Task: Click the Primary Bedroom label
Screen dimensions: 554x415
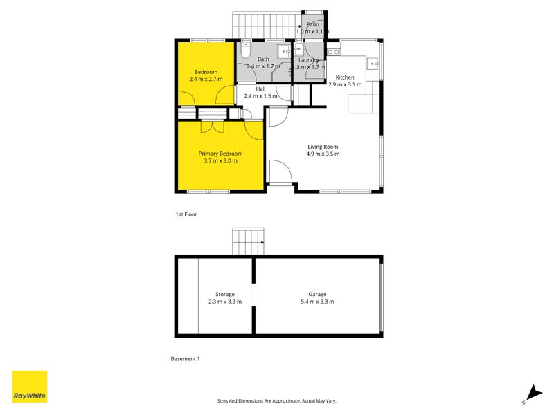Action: coord(220,154)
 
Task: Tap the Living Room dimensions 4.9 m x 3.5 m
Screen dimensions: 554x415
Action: coord(323,154)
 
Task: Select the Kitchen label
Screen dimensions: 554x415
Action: coord(345,77)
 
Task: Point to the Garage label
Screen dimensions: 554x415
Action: coord(317,295)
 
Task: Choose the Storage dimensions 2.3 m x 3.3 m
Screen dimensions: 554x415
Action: coord(225,302)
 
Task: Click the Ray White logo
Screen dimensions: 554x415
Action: coord(30,387)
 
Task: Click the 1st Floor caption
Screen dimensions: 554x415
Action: coord(186,214)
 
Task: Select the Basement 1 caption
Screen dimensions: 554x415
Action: coord(185,358)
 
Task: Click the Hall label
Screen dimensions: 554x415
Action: coord(261,89)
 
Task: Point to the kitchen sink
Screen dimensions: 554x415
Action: coord(373,64)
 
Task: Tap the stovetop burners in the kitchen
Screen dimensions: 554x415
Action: coord(334,53)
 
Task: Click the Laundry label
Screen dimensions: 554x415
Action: coord(309,60)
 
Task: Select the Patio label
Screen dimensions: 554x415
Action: coord(313,24)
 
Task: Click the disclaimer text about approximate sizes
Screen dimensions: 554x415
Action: coord(276,401)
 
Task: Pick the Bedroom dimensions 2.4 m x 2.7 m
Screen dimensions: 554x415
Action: coord(206,79)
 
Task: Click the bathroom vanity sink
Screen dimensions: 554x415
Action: coord(284,51)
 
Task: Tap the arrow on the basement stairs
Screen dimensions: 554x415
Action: coord(262,243)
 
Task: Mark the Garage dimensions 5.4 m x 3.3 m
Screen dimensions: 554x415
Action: coord(317,302)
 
